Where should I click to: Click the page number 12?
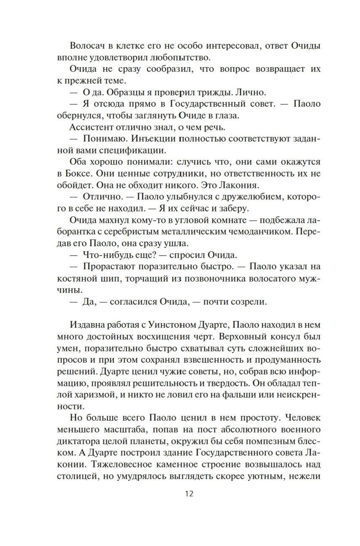[189, 493]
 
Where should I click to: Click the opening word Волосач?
[86, 46]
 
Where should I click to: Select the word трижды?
[215, 92]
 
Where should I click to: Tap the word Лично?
[251, 92]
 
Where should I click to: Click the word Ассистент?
[90, 127]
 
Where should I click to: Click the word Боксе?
[79, 173]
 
